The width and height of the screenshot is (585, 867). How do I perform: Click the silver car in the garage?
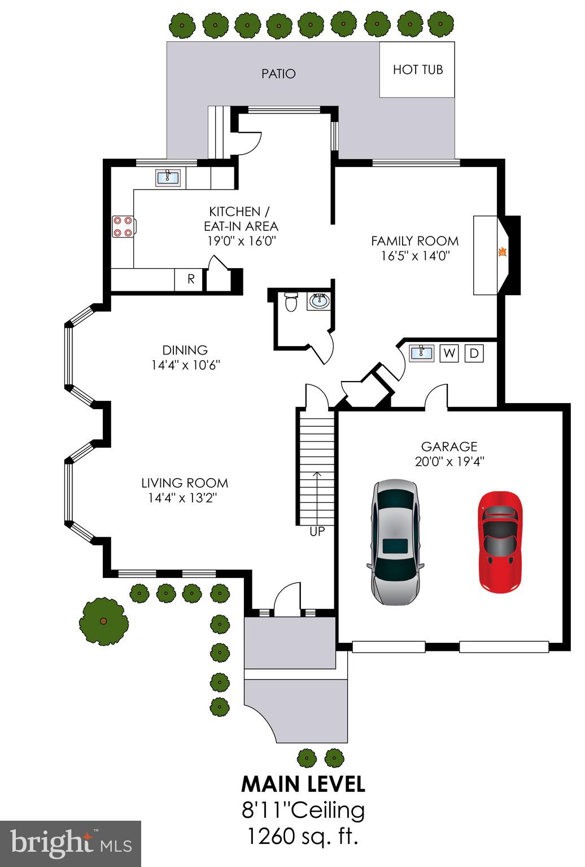395,542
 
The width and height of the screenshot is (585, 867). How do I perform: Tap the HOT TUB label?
418,69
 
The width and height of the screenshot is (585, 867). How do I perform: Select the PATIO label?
278,73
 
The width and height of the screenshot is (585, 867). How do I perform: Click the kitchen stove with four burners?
124,227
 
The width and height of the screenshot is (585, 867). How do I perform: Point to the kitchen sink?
167,178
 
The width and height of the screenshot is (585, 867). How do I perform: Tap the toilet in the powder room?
290,302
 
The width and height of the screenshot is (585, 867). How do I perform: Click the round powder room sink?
318,301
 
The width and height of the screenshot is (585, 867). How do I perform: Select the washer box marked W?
449,353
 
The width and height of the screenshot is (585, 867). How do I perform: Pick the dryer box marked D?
474,353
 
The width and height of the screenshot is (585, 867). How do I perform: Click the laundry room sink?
422,353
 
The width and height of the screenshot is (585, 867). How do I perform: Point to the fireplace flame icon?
502,253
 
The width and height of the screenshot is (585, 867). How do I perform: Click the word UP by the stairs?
317,532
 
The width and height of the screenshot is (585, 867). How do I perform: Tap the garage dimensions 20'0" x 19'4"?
449,461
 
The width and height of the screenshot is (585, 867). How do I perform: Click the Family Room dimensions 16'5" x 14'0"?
415,256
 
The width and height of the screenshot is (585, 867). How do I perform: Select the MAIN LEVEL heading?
303,784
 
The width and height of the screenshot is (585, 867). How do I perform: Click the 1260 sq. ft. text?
303,836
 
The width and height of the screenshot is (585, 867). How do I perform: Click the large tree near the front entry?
103,621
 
